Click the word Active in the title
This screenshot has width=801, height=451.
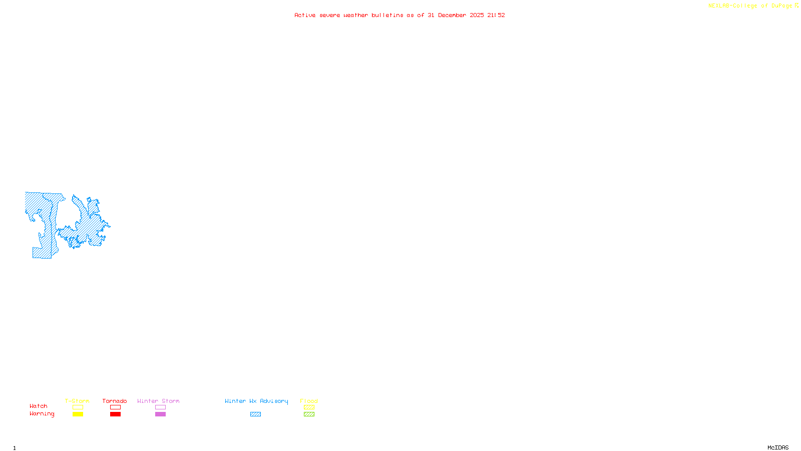[x=305, y=15]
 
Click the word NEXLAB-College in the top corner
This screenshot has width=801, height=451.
[x=732, y=6]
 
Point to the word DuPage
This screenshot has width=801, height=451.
[x=781, y=6]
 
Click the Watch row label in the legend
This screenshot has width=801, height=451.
[x=39, y=406]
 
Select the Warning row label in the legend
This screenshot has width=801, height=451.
[x=42, y=414]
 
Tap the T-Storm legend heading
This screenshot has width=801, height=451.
[x=77, y=401]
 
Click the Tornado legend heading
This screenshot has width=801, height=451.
[x=115, y=401]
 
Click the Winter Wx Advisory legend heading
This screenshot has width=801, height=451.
[x=256, y=401]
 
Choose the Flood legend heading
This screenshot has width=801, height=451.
[x=309, y=401]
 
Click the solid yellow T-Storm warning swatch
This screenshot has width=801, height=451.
[x=78, y=414]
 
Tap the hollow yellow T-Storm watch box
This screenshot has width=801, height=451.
[x=78, y=407]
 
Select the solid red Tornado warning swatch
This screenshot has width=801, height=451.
[x=115, y=414]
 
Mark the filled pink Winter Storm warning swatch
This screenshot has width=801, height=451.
[x=160, y=414]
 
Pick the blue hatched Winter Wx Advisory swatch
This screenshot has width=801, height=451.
[x=255, y=414]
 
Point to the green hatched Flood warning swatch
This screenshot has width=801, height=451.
[x=309, y=414]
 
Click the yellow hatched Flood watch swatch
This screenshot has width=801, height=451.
[x=309, y=407]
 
